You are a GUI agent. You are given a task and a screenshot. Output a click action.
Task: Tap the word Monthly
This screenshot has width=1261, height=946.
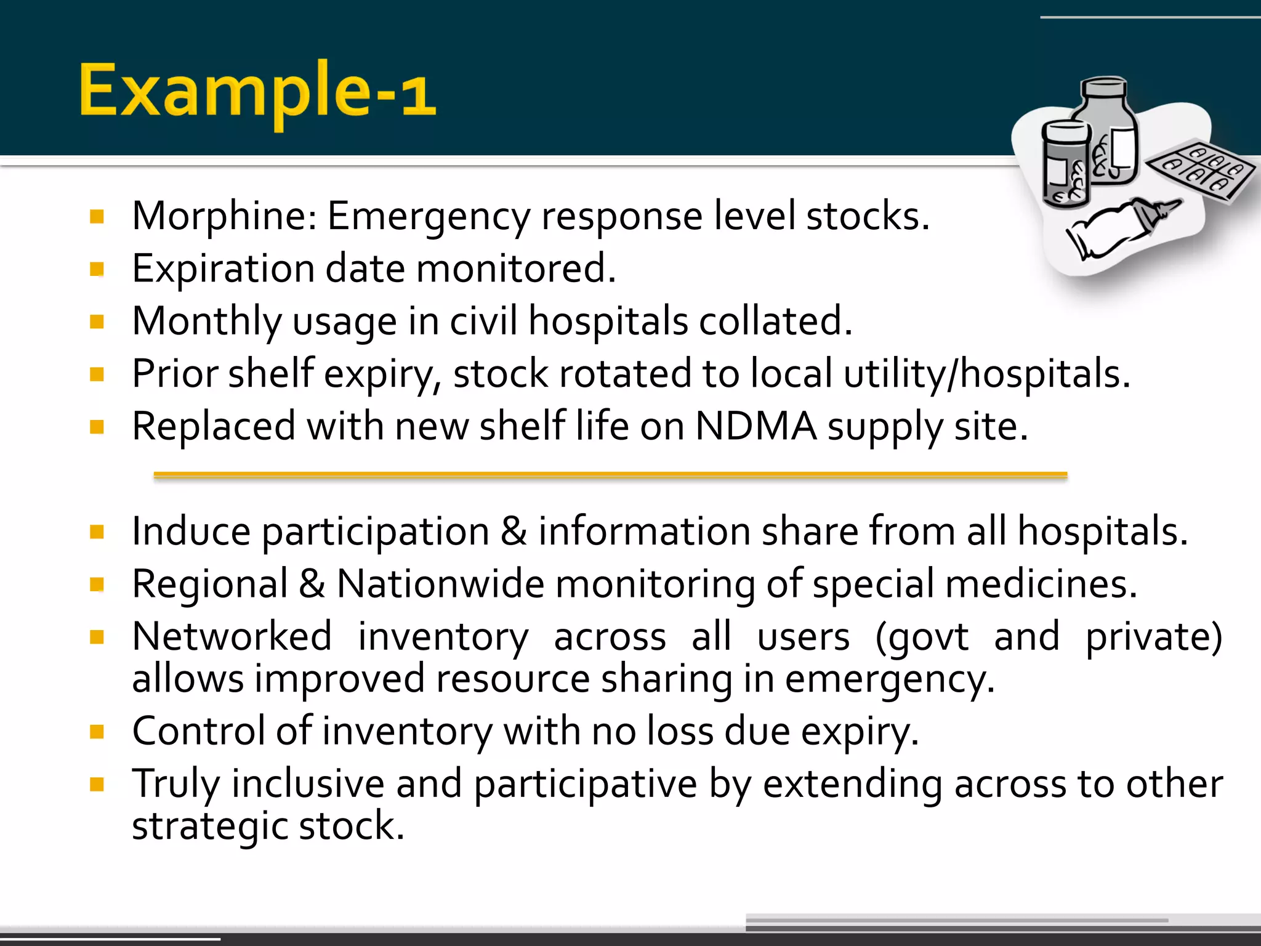206,321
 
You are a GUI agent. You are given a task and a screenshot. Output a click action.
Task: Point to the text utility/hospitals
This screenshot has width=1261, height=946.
986,374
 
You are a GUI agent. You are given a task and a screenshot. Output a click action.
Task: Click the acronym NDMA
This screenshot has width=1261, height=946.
755,426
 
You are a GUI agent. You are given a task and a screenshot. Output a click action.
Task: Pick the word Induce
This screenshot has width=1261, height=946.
191,531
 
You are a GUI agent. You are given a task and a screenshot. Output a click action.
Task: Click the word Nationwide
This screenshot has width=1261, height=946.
440,584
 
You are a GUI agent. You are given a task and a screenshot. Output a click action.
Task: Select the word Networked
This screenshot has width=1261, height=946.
232,636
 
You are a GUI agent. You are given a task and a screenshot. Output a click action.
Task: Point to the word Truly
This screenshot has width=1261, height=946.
175,784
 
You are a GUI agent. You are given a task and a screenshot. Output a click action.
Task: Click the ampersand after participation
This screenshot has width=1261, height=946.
514,531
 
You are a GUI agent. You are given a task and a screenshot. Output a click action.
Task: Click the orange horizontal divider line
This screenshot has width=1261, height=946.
610,475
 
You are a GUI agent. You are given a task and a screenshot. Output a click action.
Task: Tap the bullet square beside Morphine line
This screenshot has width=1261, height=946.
97,216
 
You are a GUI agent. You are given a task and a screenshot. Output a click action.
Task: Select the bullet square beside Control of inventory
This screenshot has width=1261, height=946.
97,732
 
